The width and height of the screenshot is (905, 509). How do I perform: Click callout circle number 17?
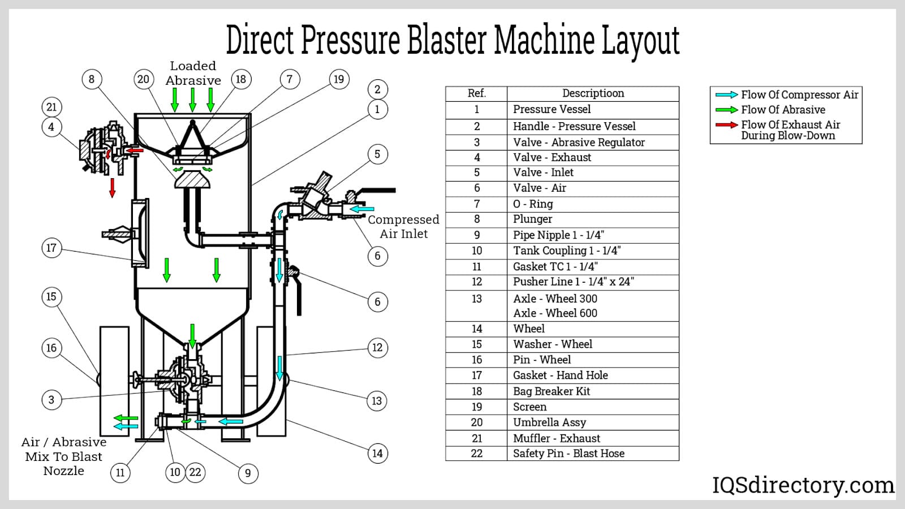[x=51, y=248]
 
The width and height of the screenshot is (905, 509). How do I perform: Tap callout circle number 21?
[x=51, y=107]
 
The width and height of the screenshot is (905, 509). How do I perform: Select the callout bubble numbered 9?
[x=248, y=473]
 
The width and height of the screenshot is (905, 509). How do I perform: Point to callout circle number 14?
[x=377, y=453]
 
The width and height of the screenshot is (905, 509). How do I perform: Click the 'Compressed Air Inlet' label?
[x=403, y=227]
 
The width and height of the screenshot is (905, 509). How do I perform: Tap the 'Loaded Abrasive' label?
[x=193, y=74]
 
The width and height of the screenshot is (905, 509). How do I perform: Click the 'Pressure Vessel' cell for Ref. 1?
[x=551, y=109]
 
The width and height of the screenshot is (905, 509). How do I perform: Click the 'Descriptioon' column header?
[x=593, y=93]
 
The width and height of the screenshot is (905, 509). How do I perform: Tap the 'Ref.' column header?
[x=476, y=93]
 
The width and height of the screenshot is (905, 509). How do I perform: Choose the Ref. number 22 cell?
[x=476, y=453]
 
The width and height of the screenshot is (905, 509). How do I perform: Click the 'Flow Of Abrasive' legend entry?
[x=783, y=110]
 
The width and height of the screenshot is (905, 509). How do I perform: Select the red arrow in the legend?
[x=726, y=124]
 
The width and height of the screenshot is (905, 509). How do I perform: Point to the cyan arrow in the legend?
[x=726, y=94]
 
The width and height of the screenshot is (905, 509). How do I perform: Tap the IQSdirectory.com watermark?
[x=803, y=485]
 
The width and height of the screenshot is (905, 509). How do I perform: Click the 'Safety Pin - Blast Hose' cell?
[x=568, y=453]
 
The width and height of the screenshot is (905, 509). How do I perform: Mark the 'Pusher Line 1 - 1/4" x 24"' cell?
[x=573, y=282]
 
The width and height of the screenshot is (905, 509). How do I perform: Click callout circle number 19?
[x=338, y=79]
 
